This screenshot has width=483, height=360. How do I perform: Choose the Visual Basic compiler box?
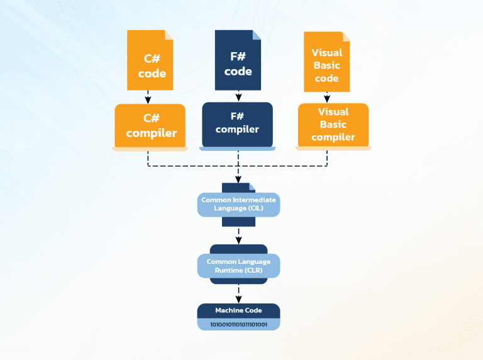point(333,124)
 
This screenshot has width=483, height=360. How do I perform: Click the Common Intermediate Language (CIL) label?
point(238,204)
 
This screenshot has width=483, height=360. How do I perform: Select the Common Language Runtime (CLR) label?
point(238,265)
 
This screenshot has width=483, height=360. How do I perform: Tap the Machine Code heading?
point(238,310)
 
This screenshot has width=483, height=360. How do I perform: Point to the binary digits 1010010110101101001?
point(238,325)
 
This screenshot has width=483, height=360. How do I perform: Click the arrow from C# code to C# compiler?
point(148,97)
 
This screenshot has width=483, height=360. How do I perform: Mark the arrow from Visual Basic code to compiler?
point(327,97)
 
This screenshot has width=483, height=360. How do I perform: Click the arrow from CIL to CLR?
point(238,236)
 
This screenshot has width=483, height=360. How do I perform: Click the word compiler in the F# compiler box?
point(237,129)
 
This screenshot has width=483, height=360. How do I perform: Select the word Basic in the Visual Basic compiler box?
point(333,124)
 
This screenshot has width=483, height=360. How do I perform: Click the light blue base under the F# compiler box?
point(237,148)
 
